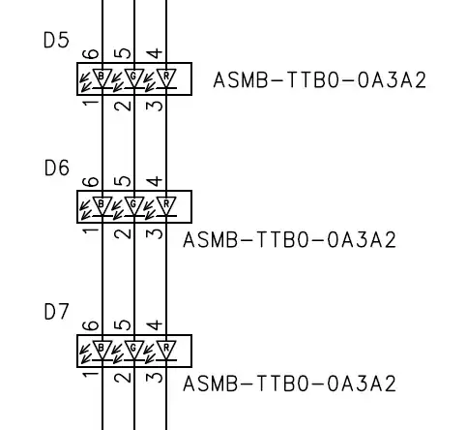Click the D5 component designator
(x=57, y=42)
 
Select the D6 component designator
(x=57, y=169)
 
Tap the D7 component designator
(x=57, y=313)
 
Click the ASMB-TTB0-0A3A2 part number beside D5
(x=319, y=79)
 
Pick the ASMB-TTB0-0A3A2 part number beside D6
(x=289, y=239)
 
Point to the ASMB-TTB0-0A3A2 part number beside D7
(x=289, y=384)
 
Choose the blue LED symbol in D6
(x=102, y=204)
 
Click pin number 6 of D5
(x=90, y=54)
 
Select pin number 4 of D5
(x=154, y=54)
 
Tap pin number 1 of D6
(x=90, y=231)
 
